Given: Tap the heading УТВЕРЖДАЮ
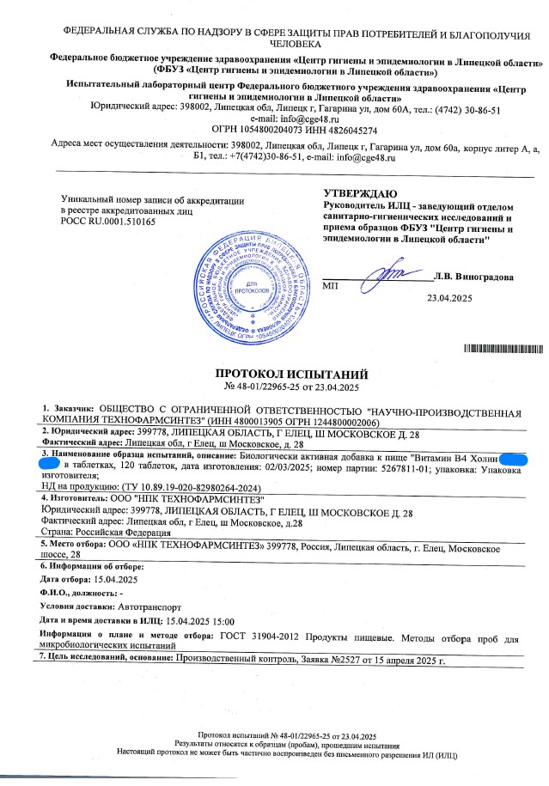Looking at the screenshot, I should point(361,193).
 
